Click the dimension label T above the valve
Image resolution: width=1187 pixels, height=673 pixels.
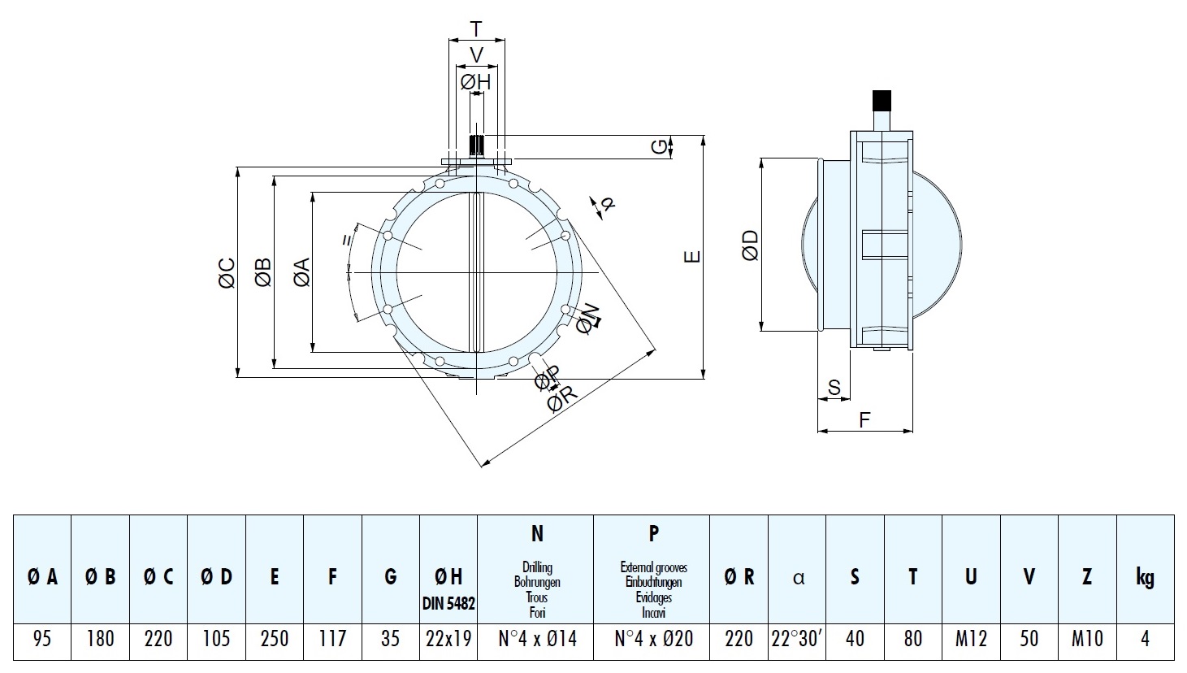(x=476, y=28)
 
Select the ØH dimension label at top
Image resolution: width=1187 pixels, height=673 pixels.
(x=475, y=82)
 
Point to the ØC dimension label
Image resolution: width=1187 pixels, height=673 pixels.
(x=227, y=273)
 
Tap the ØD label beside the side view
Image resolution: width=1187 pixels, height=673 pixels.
(x=751, y=245)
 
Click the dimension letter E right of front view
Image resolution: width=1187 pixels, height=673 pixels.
(x=692, y=257)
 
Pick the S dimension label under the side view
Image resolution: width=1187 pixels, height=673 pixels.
(x=834, y=387)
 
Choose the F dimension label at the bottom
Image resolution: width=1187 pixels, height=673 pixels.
(x=864, y=420)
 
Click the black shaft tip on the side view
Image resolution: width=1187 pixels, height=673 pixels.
(x=882, y=99)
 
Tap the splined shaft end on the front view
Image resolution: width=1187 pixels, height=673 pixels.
(x=477, y=145)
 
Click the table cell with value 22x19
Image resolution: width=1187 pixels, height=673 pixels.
(x=448, y=639)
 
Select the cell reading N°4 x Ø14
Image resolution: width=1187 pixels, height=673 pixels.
(x=537, y=639)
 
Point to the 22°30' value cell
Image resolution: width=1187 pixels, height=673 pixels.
(x=796, y=639)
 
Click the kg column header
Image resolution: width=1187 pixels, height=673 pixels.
(x=1145, y=576)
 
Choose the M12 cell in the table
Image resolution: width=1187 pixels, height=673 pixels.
(x=971, y=639)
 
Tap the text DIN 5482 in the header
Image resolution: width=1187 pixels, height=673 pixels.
(x=448, y=603)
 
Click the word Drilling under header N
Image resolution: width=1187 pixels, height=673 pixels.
(x=537, y=567)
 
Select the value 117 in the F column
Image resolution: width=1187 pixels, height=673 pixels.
(x=332, y=639)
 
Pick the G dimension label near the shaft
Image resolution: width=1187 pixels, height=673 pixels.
(x=659, y=147)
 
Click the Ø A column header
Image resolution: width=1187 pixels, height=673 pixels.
(x=42, y=576)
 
